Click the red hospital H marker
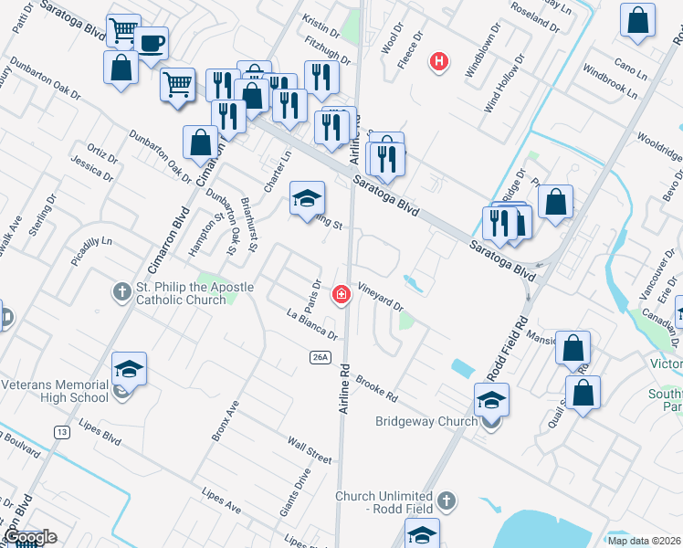pos(440,62)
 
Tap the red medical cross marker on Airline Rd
pos(341,294)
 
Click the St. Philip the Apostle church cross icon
pos(121,292)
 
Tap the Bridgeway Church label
pos(426,421)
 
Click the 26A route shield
pos(319,356)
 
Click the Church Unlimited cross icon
pos(445,501)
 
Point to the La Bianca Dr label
pos(312,326)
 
